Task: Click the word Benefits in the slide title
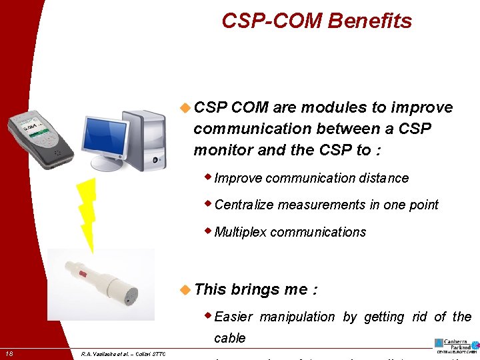coord(369,21)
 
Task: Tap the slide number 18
coord(9,353)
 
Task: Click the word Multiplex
coord(241,232)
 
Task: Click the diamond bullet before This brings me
coord(186,289)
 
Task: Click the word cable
coord(230,338)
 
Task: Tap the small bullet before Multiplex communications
coord(209,231)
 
